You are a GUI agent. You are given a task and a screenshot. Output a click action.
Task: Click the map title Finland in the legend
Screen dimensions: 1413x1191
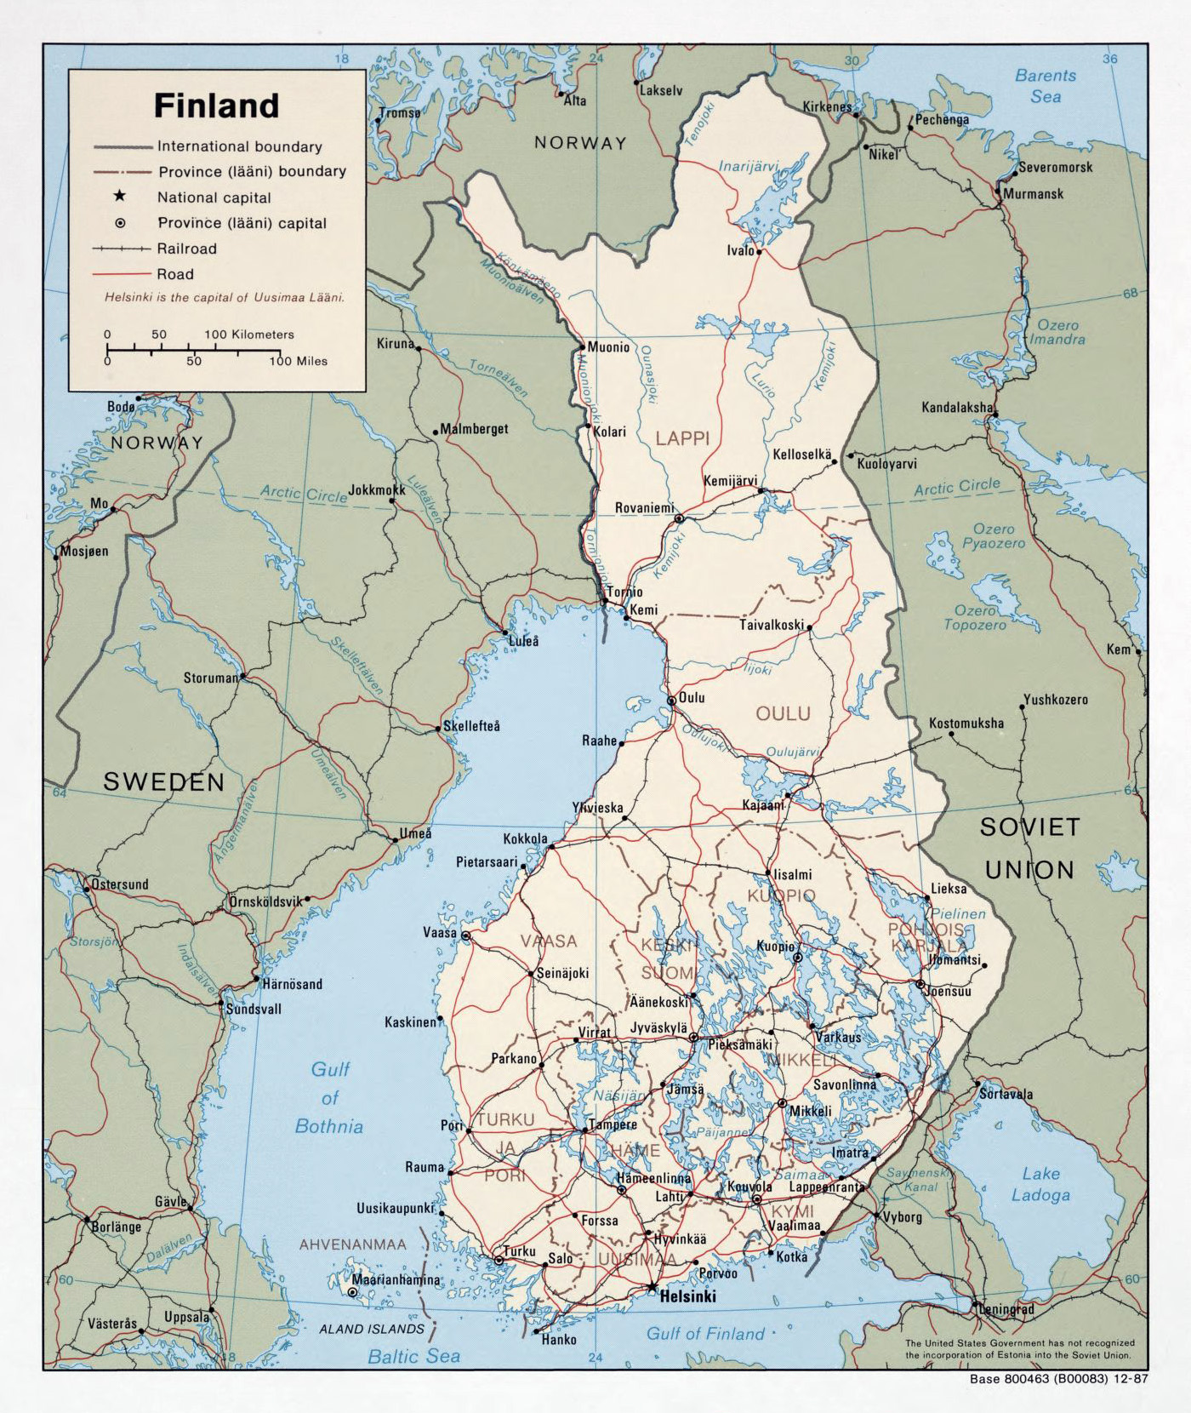[216, 106]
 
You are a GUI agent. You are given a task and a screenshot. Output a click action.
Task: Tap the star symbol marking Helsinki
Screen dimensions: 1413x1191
[652, 1286]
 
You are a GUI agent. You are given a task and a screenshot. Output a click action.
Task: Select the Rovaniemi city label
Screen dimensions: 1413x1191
[644, 508]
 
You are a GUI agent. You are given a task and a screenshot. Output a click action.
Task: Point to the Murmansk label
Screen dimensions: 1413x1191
[1033, 194]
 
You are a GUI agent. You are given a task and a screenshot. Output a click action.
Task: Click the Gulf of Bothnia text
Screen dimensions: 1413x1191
[329, 1098]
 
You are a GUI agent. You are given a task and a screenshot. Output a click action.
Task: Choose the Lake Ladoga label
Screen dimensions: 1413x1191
[1040, 1184]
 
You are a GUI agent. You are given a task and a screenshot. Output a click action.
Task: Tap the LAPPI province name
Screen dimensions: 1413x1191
[682, 438]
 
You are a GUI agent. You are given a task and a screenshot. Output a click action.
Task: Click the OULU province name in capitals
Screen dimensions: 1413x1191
[783, 713]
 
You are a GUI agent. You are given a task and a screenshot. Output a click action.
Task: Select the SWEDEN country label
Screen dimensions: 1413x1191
[164, 782]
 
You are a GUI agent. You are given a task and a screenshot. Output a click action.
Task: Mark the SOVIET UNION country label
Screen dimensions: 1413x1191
[1030, 848]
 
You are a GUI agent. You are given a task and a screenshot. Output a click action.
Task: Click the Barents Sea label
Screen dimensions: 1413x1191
[1046, 86]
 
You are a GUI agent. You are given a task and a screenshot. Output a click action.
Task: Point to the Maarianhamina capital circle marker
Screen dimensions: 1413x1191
[353, 1292]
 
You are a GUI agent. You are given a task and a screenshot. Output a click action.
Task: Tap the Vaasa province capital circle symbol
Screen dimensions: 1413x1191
[466, 935]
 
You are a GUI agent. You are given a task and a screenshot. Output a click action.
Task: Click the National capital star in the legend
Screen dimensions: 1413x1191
[120, 197]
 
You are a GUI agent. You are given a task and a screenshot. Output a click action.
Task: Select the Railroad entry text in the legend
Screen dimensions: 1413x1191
[186, 249]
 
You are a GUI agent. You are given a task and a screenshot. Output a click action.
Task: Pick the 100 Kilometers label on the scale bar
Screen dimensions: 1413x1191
[248, 335]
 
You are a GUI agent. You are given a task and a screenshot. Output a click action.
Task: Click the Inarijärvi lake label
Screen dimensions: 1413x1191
[748, 167]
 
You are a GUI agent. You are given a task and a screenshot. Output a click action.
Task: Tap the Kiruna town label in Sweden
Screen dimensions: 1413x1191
[395, 344]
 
